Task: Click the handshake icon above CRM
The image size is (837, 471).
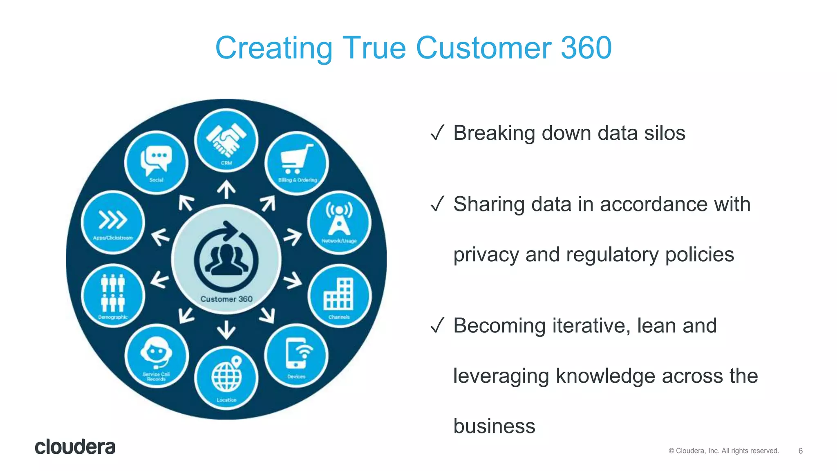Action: coord(226,139)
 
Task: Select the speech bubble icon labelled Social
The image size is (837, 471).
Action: coord(156,159)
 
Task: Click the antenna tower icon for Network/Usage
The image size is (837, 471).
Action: coord(339,219)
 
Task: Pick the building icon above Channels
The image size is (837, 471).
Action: coord(339,294)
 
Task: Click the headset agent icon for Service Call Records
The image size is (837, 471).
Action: coord(156,352)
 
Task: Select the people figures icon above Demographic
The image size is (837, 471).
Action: coord(113,293)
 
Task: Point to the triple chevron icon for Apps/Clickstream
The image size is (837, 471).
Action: coord(113,220)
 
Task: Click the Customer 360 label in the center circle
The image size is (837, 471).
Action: coord(226,299)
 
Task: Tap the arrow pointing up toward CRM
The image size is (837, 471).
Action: coord(226,190)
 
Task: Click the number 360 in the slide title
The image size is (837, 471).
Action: coord(586,48)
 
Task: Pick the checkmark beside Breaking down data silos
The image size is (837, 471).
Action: coord(437,133)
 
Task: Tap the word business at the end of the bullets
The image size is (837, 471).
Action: coord(494,426)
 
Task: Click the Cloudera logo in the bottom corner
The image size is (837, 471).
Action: coord(75,447)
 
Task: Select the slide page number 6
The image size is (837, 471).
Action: coord(800,451)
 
